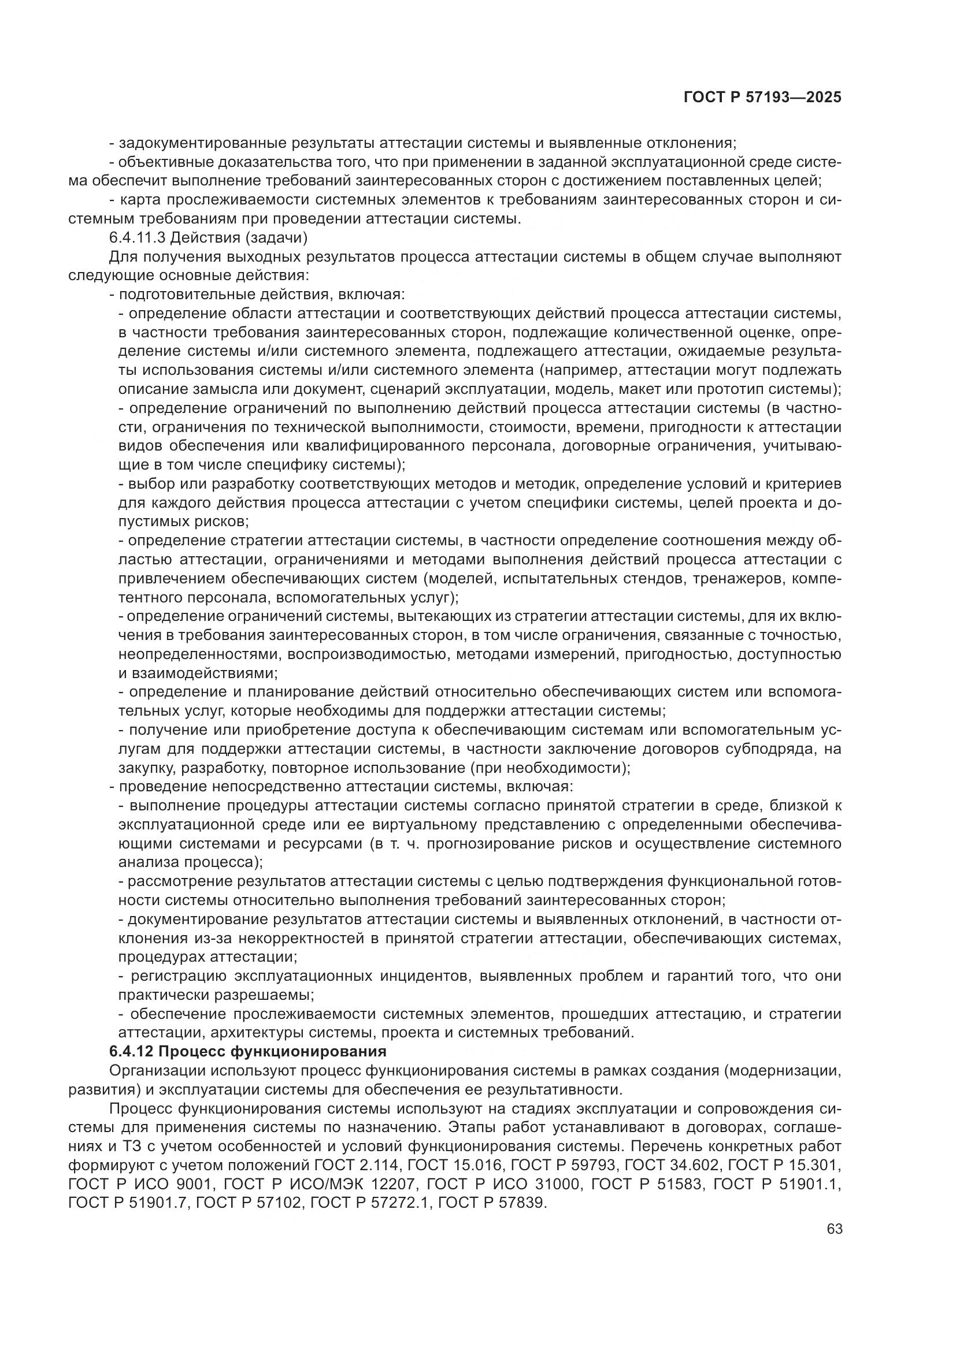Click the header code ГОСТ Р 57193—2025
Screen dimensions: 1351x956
(x=762, y=98)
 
